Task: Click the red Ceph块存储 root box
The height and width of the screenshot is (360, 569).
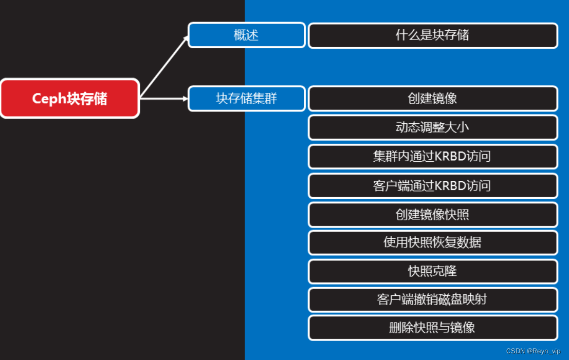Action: pos(69,98)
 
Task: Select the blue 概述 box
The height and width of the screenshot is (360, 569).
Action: pos(247,35)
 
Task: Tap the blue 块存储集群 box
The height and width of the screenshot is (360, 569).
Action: pos(247,99)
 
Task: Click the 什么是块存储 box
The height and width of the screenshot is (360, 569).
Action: pos(433,35)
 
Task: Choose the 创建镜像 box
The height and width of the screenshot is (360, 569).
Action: pos(433,99)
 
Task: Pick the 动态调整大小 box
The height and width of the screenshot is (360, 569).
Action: pos(433,127)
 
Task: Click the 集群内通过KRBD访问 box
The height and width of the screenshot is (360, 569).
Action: pos(433,157)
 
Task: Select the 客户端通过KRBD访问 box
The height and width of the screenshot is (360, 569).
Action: pos(433,185)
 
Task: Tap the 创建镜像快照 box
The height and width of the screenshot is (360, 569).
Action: pos(433,215)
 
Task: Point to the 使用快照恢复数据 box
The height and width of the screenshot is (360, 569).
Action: pos(433,242)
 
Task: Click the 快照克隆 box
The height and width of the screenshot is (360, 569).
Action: pos(433,271)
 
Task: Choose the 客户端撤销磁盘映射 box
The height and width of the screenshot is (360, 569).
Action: pos(433,299)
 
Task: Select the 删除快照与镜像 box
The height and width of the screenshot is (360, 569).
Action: pos(433,328)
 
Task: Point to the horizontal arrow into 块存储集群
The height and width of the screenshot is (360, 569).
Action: pos(164,98)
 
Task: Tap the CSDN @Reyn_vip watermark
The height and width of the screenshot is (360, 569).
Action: pos(533,351)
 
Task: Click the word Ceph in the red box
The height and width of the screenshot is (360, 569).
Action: pos(49,99)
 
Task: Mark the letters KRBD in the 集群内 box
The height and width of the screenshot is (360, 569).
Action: pos(450,157)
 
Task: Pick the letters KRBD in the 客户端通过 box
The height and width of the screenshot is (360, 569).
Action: pos(450,185)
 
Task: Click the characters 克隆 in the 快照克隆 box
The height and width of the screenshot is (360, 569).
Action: pos(445,271)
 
